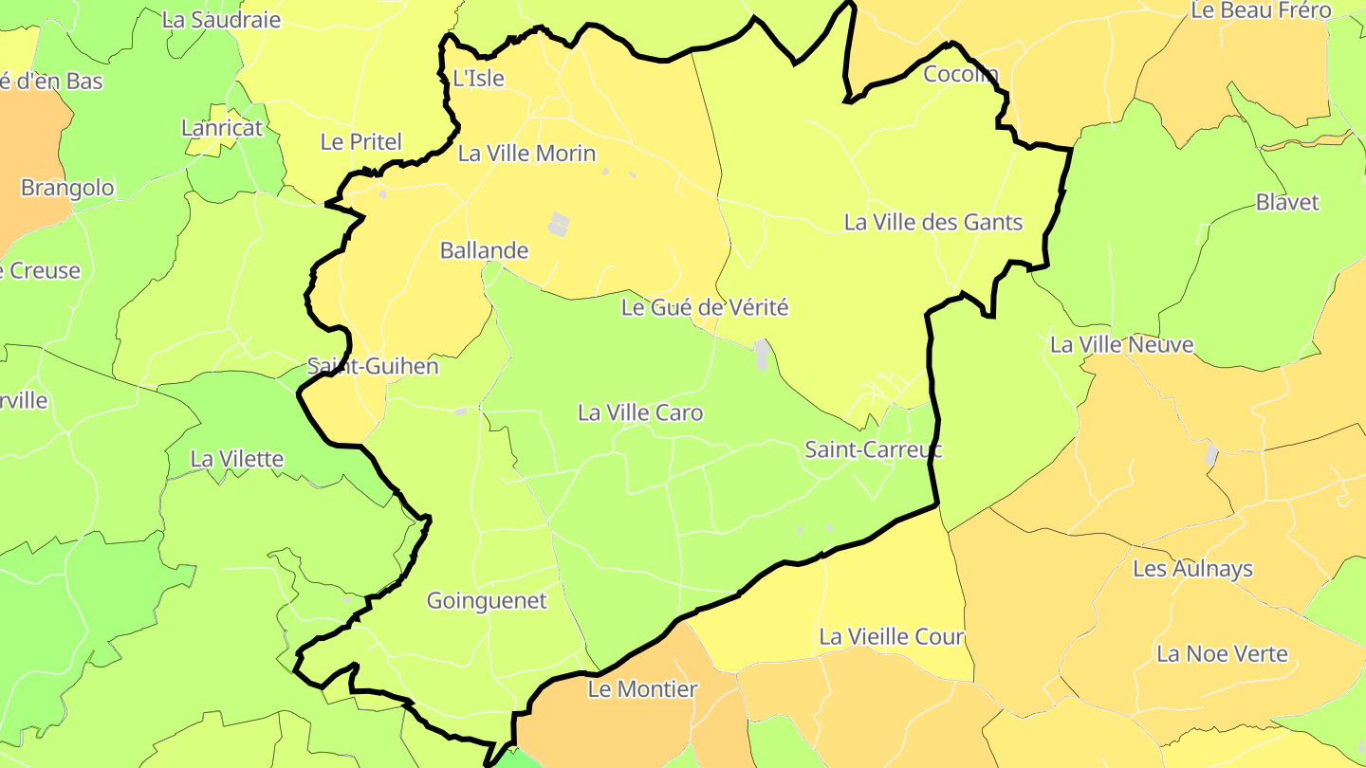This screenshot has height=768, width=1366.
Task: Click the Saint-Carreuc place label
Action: (x=873, y=449)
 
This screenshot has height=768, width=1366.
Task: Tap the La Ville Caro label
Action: (x=640, y=412)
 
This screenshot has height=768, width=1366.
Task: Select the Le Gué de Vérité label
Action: (x=705, y=307)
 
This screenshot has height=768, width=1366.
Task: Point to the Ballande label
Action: (x=484, y=250)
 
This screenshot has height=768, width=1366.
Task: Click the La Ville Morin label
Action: (x=526, y=154)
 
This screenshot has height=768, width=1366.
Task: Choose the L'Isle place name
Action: (x=478, y=79)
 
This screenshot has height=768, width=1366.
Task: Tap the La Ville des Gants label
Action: (x=933, y=222)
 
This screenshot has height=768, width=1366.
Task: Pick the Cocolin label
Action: (x=961, y=74)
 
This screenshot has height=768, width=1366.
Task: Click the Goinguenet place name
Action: (x=487, y=600)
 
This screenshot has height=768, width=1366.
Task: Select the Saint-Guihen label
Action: (x=373, y=366)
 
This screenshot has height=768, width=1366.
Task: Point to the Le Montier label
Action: (x=642, y=689)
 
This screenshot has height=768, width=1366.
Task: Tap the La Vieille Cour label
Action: (x=891, y=636)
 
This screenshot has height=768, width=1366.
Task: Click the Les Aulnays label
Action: (x=1192, y=569)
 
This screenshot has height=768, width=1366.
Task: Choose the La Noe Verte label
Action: (x=1222, y=653)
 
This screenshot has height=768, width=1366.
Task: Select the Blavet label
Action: (x=1287, y=202)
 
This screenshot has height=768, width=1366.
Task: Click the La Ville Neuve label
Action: (x=1121, y=344)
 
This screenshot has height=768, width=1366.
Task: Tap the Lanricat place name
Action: (x=222, y=127)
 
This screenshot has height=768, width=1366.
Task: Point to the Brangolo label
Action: (x=67, y=188)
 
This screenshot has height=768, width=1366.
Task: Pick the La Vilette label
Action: (x=237, y=459)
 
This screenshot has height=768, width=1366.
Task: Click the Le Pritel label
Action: (x=360, y=142)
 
